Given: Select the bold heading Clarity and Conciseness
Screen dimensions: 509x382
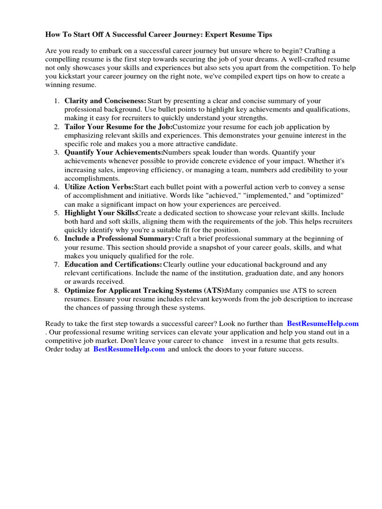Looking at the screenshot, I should [105, 100].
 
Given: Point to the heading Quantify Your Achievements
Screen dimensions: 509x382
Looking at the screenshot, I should [113, 153].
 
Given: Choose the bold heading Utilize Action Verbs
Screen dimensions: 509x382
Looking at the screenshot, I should [99, 187].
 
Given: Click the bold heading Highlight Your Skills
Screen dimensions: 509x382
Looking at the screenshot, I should [100, 213].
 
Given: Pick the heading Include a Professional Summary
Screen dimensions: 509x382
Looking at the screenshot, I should [119, 239].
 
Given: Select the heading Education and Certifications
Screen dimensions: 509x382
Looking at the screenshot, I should [113, 264].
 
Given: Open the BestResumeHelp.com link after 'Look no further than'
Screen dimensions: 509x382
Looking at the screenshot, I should [323, 324].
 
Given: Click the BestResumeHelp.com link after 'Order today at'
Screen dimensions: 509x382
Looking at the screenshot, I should [129, 349].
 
